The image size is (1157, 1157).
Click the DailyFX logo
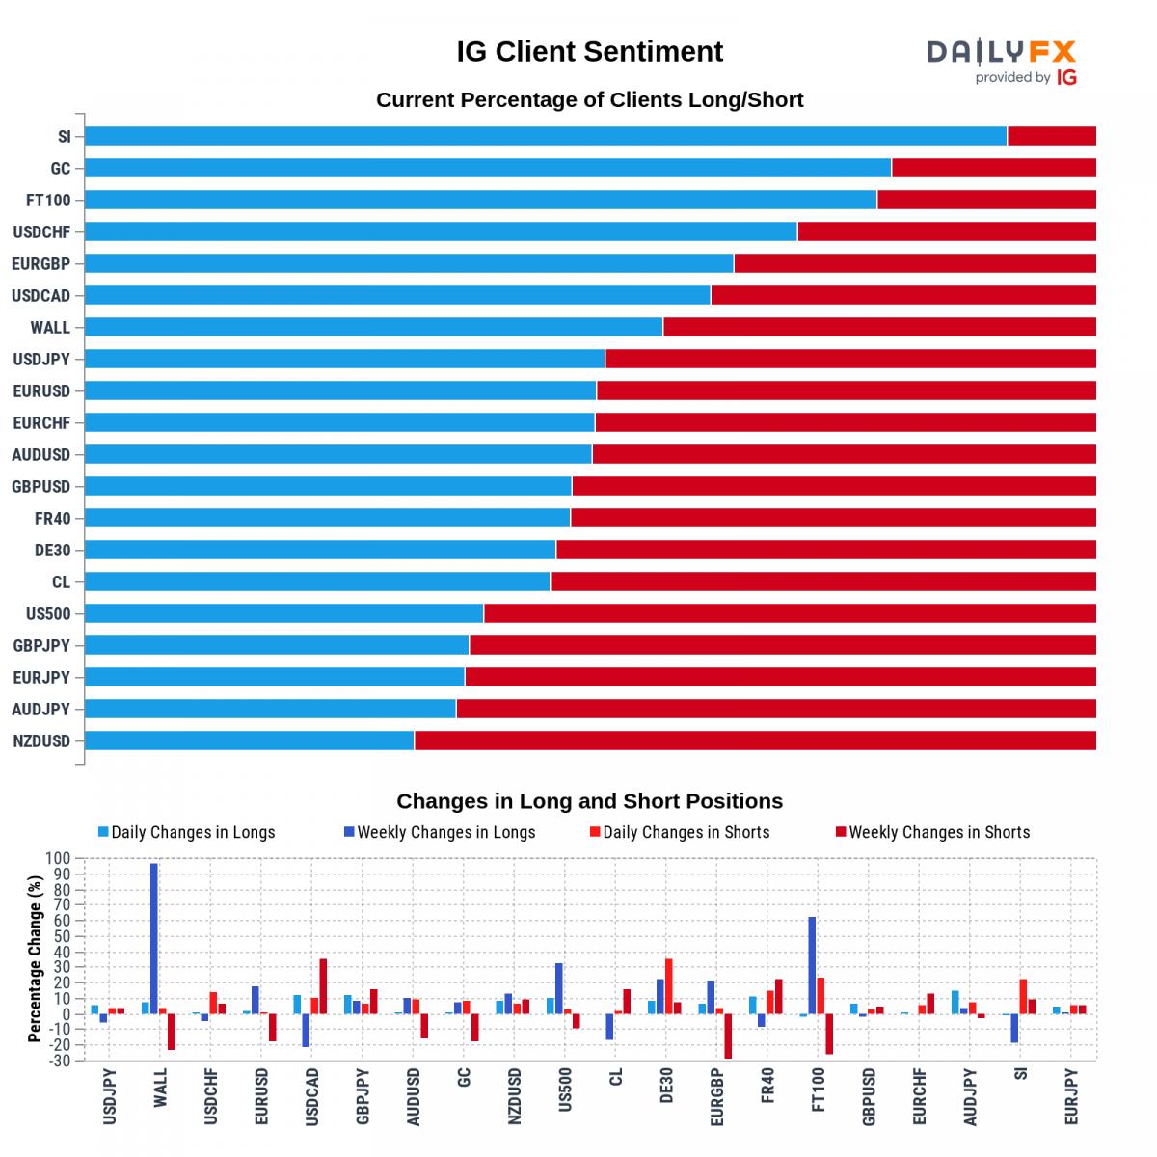(x=1001, y=61)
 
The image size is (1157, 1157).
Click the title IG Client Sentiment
(x=589, y=52)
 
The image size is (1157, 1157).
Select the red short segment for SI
(x=1051, y=136)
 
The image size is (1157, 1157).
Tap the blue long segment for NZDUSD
(x=249, y=740)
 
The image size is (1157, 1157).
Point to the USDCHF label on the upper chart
(x=42, y=232)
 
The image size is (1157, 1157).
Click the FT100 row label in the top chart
(x=48, y=201)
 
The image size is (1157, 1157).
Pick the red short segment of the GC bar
(x=993, y=168)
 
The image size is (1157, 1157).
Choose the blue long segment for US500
(x=283, y=613)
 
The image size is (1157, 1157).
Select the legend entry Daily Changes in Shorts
(x=685, y=832)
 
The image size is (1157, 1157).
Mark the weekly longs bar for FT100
(x=812, y=964)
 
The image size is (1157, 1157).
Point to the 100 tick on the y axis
(x=59, y=858)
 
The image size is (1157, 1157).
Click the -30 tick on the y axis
(x=59, y=1061)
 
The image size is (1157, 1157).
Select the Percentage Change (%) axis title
(x=35, y=958)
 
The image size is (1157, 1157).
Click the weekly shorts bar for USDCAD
(x=323, y=985)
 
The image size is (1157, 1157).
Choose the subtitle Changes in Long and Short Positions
(x=589, y=801)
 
